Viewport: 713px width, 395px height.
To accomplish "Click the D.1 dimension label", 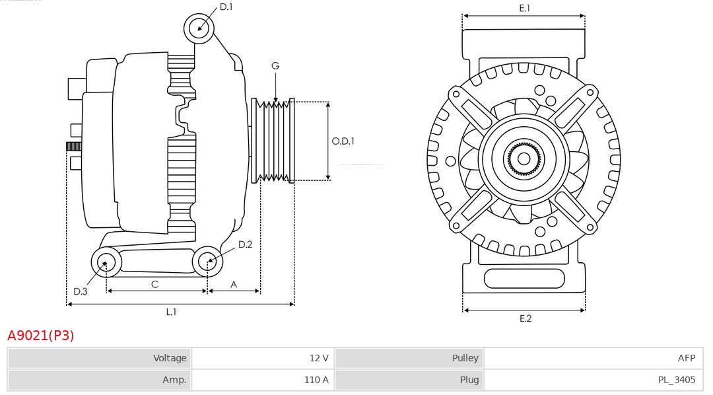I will tap(226, 7).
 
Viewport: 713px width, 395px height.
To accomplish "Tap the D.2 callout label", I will tap(245, 244).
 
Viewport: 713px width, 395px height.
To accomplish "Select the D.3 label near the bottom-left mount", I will tap(81, 291).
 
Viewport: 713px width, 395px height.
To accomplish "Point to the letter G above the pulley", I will tap(275, 65).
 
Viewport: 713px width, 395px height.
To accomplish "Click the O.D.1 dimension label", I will tap(343, 141).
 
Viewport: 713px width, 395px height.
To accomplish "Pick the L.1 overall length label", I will tap(171, 312).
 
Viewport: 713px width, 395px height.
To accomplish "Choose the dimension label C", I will tap(154, 284).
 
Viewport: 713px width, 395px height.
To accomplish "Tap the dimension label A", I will tap(234, 284).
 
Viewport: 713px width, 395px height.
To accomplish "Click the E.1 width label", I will tap(525, 8).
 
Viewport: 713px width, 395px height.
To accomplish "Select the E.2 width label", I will tap(525, 318).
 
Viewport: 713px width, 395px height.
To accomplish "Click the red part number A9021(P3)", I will tap(41, 336).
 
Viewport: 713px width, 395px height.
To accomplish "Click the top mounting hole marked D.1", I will tap(199, 28).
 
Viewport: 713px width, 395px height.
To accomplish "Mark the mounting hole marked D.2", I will tap(207, 262).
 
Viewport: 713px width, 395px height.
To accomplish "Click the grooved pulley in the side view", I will tap(273, 141).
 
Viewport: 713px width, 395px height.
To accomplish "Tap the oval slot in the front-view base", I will tap(524, 278).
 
